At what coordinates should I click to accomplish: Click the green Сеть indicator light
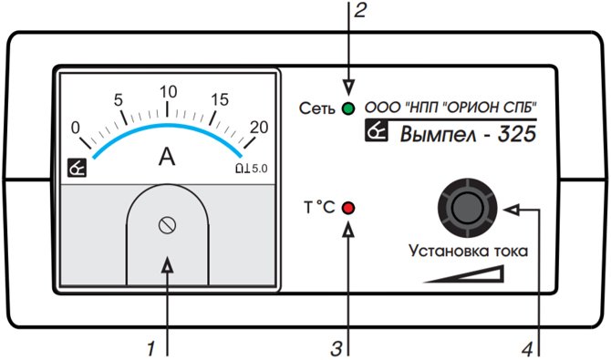coord(348,108)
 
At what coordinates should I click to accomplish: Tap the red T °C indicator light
coord(348,208)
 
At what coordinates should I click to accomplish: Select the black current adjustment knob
coord(467,207)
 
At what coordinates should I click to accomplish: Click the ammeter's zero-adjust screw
coord(167,225)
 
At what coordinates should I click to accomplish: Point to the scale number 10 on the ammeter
coord(169,92)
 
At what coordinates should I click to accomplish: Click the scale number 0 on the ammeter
coord(76,128)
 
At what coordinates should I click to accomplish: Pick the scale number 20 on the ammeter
coord(259,127)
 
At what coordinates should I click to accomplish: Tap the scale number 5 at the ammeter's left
coord(118,100)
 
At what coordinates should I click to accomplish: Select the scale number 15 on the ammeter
coord(220,99)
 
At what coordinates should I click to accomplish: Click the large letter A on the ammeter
coord(167,157)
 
